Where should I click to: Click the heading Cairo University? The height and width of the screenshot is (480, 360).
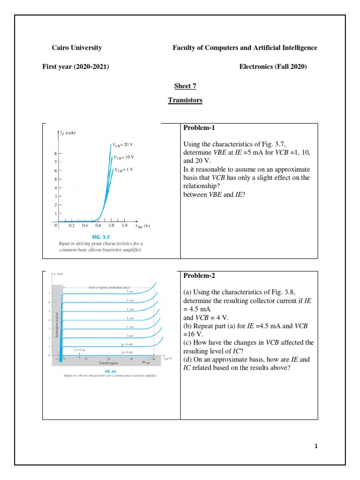click(x=76, y=48)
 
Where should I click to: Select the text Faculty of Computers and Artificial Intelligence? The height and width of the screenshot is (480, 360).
click(x=245, y=48)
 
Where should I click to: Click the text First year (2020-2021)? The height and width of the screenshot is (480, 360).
click(x=76, y=67)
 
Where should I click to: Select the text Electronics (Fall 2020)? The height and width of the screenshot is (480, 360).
click(x=273, y=67)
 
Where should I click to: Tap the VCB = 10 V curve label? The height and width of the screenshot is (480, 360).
click(x=125, y=157)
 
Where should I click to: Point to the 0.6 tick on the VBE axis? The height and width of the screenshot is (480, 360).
click(x=98, y=225)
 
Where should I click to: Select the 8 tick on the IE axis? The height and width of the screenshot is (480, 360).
click(x=55, y=153)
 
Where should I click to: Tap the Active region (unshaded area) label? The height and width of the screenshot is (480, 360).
click(x=108, y=286)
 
